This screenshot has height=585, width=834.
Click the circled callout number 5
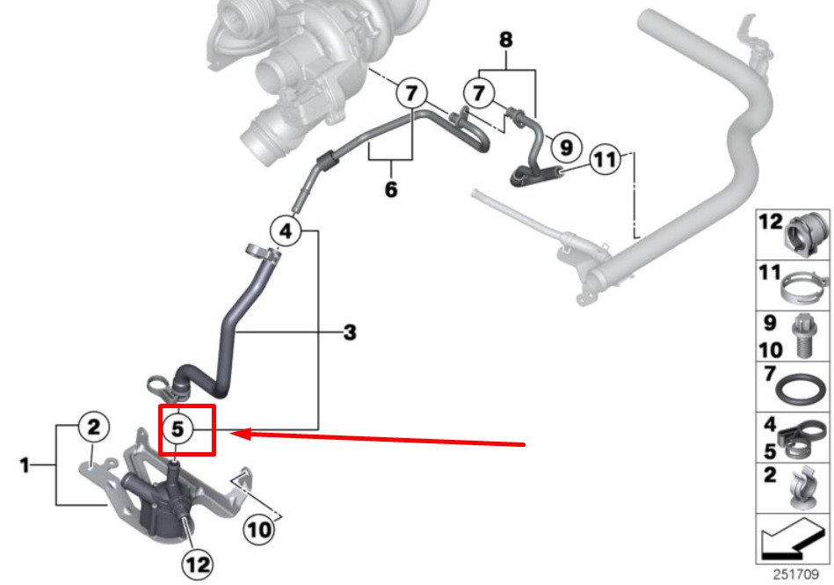point(178,429)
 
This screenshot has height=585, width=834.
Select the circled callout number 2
point(93,428)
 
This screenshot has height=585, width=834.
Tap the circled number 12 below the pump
point(199,563)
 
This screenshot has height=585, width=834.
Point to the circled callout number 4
point(285,231)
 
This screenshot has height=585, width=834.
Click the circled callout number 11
point(604,159)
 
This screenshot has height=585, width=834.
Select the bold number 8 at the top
point(504,40)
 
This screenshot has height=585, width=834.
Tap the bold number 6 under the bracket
point(391,189)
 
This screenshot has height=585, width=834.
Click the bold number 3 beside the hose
point(350,333)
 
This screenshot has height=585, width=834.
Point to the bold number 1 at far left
point(25,464)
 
